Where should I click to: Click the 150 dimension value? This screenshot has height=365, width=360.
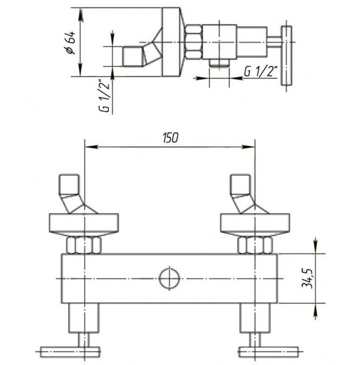[170, 137]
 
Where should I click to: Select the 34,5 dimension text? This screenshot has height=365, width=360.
[307, 278]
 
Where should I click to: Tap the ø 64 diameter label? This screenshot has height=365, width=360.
[71, 43]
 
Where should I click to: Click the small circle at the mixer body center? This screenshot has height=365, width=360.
[170, 279]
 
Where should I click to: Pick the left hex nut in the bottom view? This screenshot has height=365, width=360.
[84, 245]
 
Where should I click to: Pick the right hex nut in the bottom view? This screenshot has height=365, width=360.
[255, 245]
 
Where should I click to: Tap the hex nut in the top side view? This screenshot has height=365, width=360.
[193, 42]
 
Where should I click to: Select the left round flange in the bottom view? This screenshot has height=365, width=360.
[84, 223]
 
